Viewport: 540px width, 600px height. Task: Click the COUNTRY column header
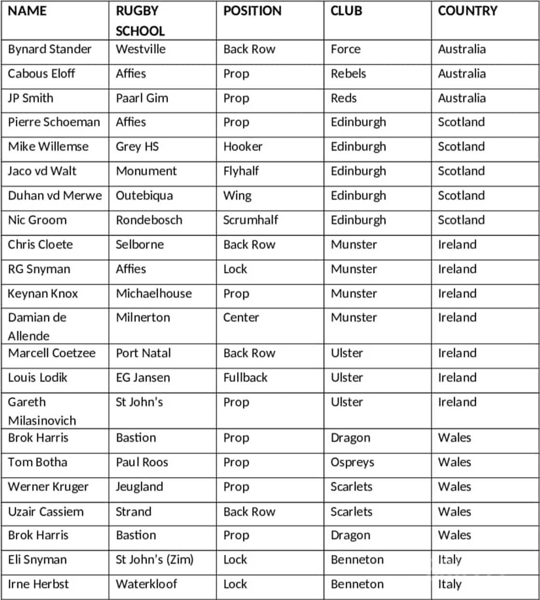pos(467,11)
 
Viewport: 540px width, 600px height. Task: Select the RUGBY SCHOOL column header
pos(140,21)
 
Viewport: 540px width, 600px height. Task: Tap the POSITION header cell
pos(252,11)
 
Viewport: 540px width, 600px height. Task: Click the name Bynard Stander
pos(50,49)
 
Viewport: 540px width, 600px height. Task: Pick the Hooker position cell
pos(243,147)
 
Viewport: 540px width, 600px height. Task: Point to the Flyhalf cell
pos(241,171)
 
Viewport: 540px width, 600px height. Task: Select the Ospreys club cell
pos(352,462)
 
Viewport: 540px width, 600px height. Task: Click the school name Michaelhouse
pos(153,293)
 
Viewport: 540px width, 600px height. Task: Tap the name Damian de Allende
pos(37,326)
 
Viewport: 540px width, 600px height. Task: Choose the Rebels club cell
pos(348,74)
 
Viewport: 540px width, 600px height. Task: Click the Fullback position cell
pos(245,377)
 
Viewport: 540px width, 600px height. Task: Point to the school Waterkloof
pos(146,584)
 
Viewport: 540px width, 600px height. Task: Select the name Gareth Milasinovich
pos(42,411)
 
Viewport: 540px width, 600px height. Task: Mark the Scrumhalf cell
pos(250,220)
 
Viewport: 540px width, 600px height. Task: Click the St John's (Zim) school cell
pos(154,560)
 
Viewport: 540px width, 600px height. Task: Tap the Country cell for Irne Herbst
pos(449,584)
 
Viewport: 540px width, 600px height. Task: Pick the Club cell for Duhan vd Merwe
pos(358,196)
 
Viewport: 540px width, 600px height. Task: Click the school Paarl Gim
pos(142,98)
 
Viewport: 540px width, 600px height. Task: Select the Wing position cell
pos(237,196)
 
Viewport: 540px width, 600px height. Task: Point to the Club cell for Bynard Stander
pos(345,49)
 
